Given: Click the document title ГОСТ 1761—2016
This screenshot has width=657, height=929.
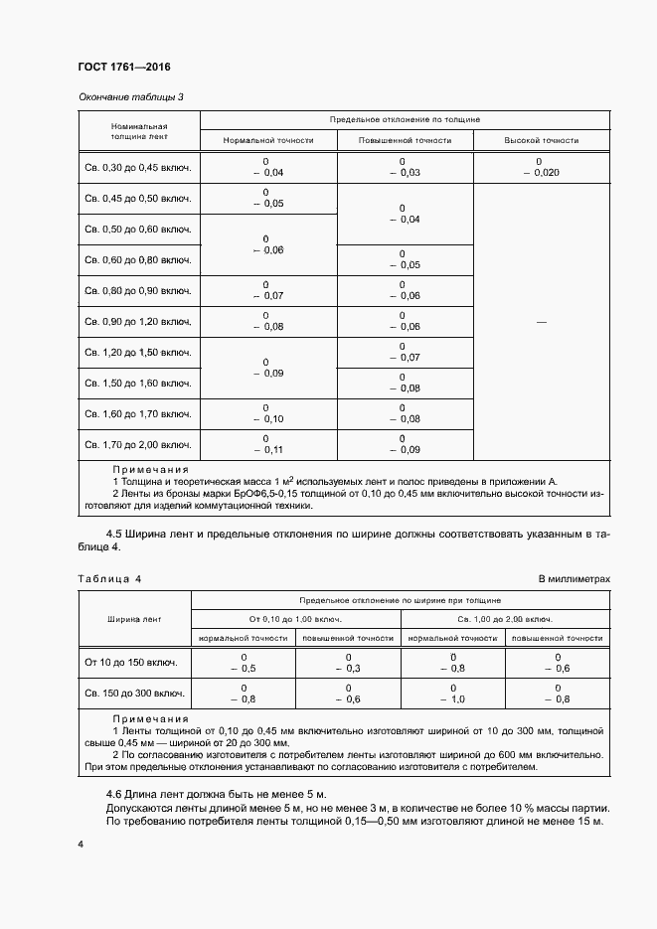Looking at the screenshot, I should (124, 68).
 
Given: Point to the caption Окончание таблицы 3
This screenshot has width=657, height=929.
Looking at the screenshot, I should (130, 96).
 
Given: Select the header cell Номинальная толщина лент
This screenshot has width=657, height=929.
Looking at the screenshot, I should (138, 133).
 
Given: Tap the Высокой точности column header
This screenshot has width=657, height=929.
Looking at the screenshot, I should (541, 141).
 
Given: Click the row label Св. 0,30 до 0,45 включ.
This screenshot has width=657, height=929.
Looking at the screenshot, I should (138, 168).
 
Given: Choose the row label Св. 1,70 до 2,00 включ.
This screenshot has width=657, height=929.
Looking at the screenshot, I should (138, 444).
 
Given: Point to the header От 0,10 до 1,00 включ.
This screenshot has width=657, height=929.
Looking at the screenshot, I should (295, 619).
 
